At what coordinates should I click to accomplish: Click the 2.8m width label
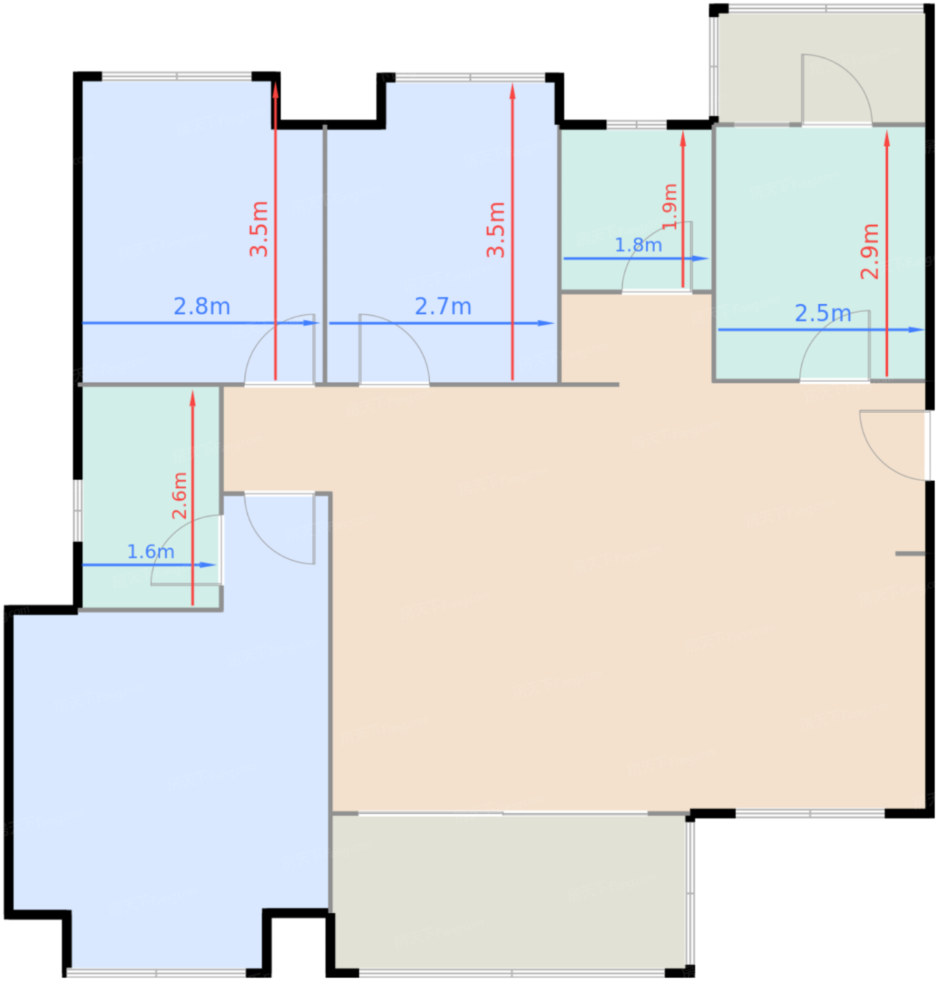pos(202,307)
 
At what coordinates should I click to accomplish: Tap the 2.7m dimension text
pos(443,307)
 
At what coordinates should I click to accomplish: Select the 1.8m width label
pos(638,245)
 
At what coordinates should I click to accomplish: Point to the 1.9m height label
pos(669,207)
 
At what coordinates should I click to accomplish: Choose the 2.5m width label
pos(823,314)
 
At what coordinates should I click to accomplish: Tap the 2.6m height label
pos(179,496)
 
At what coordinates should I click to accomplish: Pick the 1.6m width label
pos(150,552)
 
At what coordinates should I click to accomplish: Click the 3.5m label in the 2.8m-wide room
pos(259,229)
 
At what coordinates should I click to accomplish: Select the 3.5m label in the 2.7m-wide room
pos(496,230)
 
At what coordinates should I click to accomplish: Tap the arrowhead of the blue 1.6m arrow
pos(208,565)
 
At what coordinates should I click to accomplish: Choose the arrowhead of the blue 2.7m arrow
pos(546,323)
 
